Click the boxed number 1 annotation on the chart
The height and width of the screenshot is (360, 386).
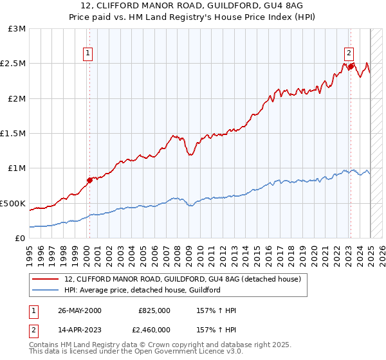(87, 54)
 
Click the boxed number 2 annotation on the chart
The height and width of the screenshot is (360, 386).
(348, 54)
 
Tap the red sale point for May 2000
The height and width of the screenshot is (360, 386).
(89, 180)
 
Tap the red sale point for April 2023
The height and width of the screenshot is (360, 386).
(351, 66)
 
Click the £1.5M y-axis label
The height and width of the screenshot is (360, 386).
(14, 134)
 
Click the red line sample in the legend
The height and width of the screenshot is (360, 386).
(45, 280)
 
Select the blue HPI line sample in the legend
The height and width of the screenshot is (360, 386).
(45, 291)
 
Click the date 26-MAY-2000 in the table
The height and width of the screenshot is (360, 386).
(80, 310)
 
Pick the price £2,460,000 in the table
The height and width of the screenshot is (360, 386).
(154, 329)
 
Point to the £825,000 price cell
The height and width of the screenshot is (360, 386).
(154, 310)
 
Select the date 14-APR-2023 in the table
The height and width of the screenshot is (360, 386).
(80, 329)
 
